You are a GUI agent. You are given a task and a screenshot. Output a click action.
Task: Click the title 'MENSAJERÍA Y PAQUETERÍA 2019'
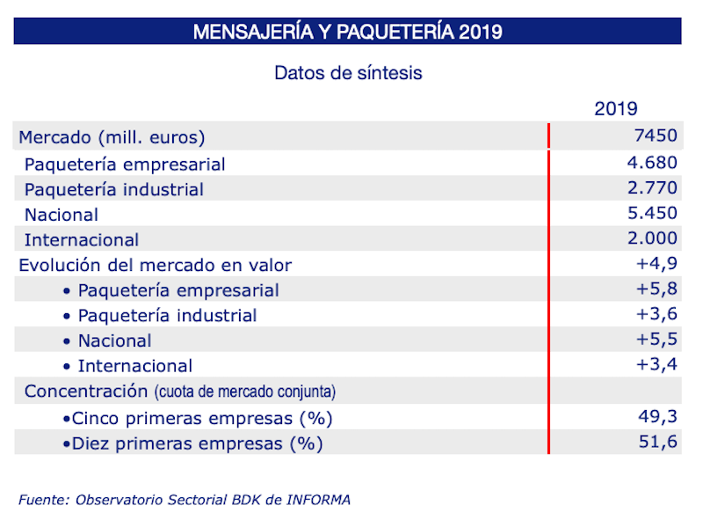click(347, 32)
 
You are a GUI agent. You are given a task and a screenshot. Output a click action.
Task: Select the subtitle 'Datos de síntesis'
click(348, 73)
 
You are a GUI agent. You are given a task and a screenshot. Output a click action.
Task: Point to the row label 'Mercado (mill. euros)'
click(112, 137)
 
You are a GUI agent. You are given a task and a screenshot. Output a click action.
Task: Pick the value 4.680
click(648, 162)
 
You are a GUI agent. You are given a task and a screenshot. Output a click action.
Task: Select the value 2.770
click(648, 187)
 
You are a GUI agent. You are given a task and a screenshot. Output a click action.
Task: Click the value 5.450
click(648, 213)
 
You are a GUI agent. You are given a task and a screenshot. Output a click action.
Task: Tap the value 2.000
click(648, 238)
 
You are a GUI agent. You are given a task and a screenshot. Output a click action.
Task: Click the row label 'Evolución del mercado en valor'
click(156, 265)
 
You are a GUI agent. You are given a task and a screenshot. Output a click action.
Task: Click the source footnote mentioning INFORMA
click(184, 500)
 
